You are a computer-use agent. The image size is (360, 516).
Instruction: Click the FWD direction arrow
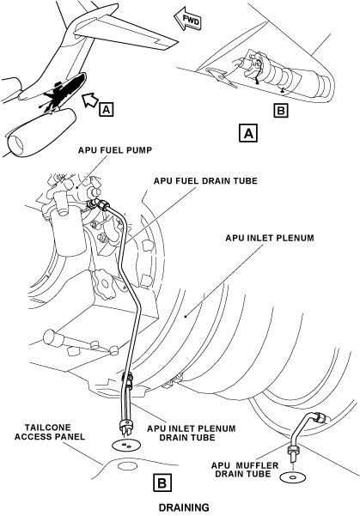tap(188, 20)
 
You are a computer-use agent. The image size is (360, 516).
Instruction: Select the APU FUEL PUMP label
tap(115, 150)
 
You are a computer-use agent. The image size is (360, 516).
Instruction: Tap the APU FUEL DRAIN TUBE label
tap(205, 181)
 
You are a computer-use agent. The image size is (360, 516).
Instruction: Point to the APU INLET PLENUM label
tap(270, 238)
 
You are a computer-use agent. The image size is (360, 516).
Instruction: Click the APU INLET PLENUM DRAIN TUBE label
tap(192, 433)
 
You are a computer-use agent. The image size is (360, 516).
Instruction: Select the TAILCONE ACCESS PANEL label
tap(50, 432)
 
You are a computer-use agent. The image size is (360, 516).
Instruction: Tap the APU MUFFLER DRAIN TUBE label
tap(245, 470)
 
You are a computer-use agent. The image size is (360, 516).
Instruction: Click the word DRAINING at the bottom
tap(184, 507)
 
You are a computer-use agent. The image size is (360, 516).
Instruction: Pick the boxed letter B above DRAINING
tap(162, 483)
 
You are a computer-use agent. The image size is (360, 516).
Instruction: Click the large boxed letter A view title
tap(248, 133)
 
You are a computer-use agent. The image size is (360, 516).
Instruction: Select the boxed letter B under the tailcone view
tap(281, 111)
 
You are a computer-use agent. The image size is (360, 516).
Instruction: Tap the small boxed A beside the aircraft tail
tap(106, 109)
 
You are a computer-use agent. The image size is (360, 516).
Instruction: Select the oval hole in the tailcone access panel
tap(127, 465)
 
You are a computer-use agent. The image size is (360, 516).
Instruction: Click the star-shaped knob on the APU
tap(104, 280)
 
